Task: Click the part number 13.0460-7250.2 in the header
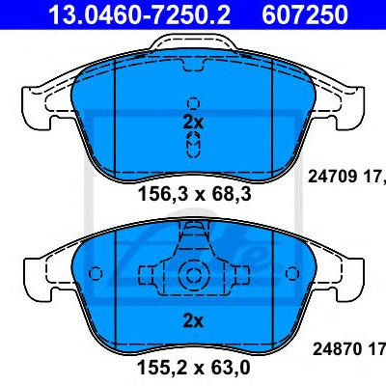[x=139, y=14]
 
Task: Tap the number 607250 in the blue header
[x=305, y=14]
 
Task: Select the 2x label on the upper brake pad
[x=193, y=123]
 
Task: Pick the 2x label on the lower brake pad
[x=193, y=321]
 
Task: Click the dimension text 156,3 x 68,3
[x=194, y=195]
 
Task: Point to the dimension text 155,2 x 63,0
[x=193, y=367]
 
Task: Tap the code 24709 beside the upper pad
[x=333, y=177]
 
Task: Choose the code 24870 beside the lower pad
[x=338, y=349]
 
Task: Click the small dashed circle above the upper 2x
[x=193, y=103]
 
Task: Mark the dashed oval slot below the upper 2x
[x=193, y=145]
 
